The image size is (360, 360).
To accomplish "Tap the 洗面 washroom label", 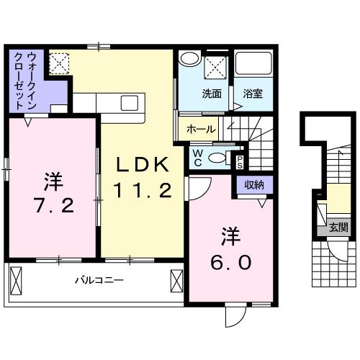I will [x=211, y=93].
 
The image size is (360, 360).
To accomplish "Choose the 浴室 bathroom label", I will [x=252, y=93].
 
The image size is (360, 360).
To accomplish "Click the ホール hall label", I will [x=199, y=130].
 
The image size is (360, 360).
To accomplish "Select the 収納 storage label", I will [x=253, y=185].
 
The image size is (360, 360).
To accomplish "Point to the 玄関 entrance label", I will [x=338, y=227].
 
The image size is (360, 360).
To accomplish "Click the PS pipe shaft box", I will [x=240, y=161].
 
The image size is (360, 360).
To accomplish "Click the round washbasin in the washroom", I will [x=189, y=59].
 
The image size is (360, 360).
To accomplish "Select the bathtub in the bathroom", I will [x=255, y=68].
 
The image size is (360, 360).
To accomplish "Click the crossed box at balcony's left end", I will [x=17, y=281].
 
